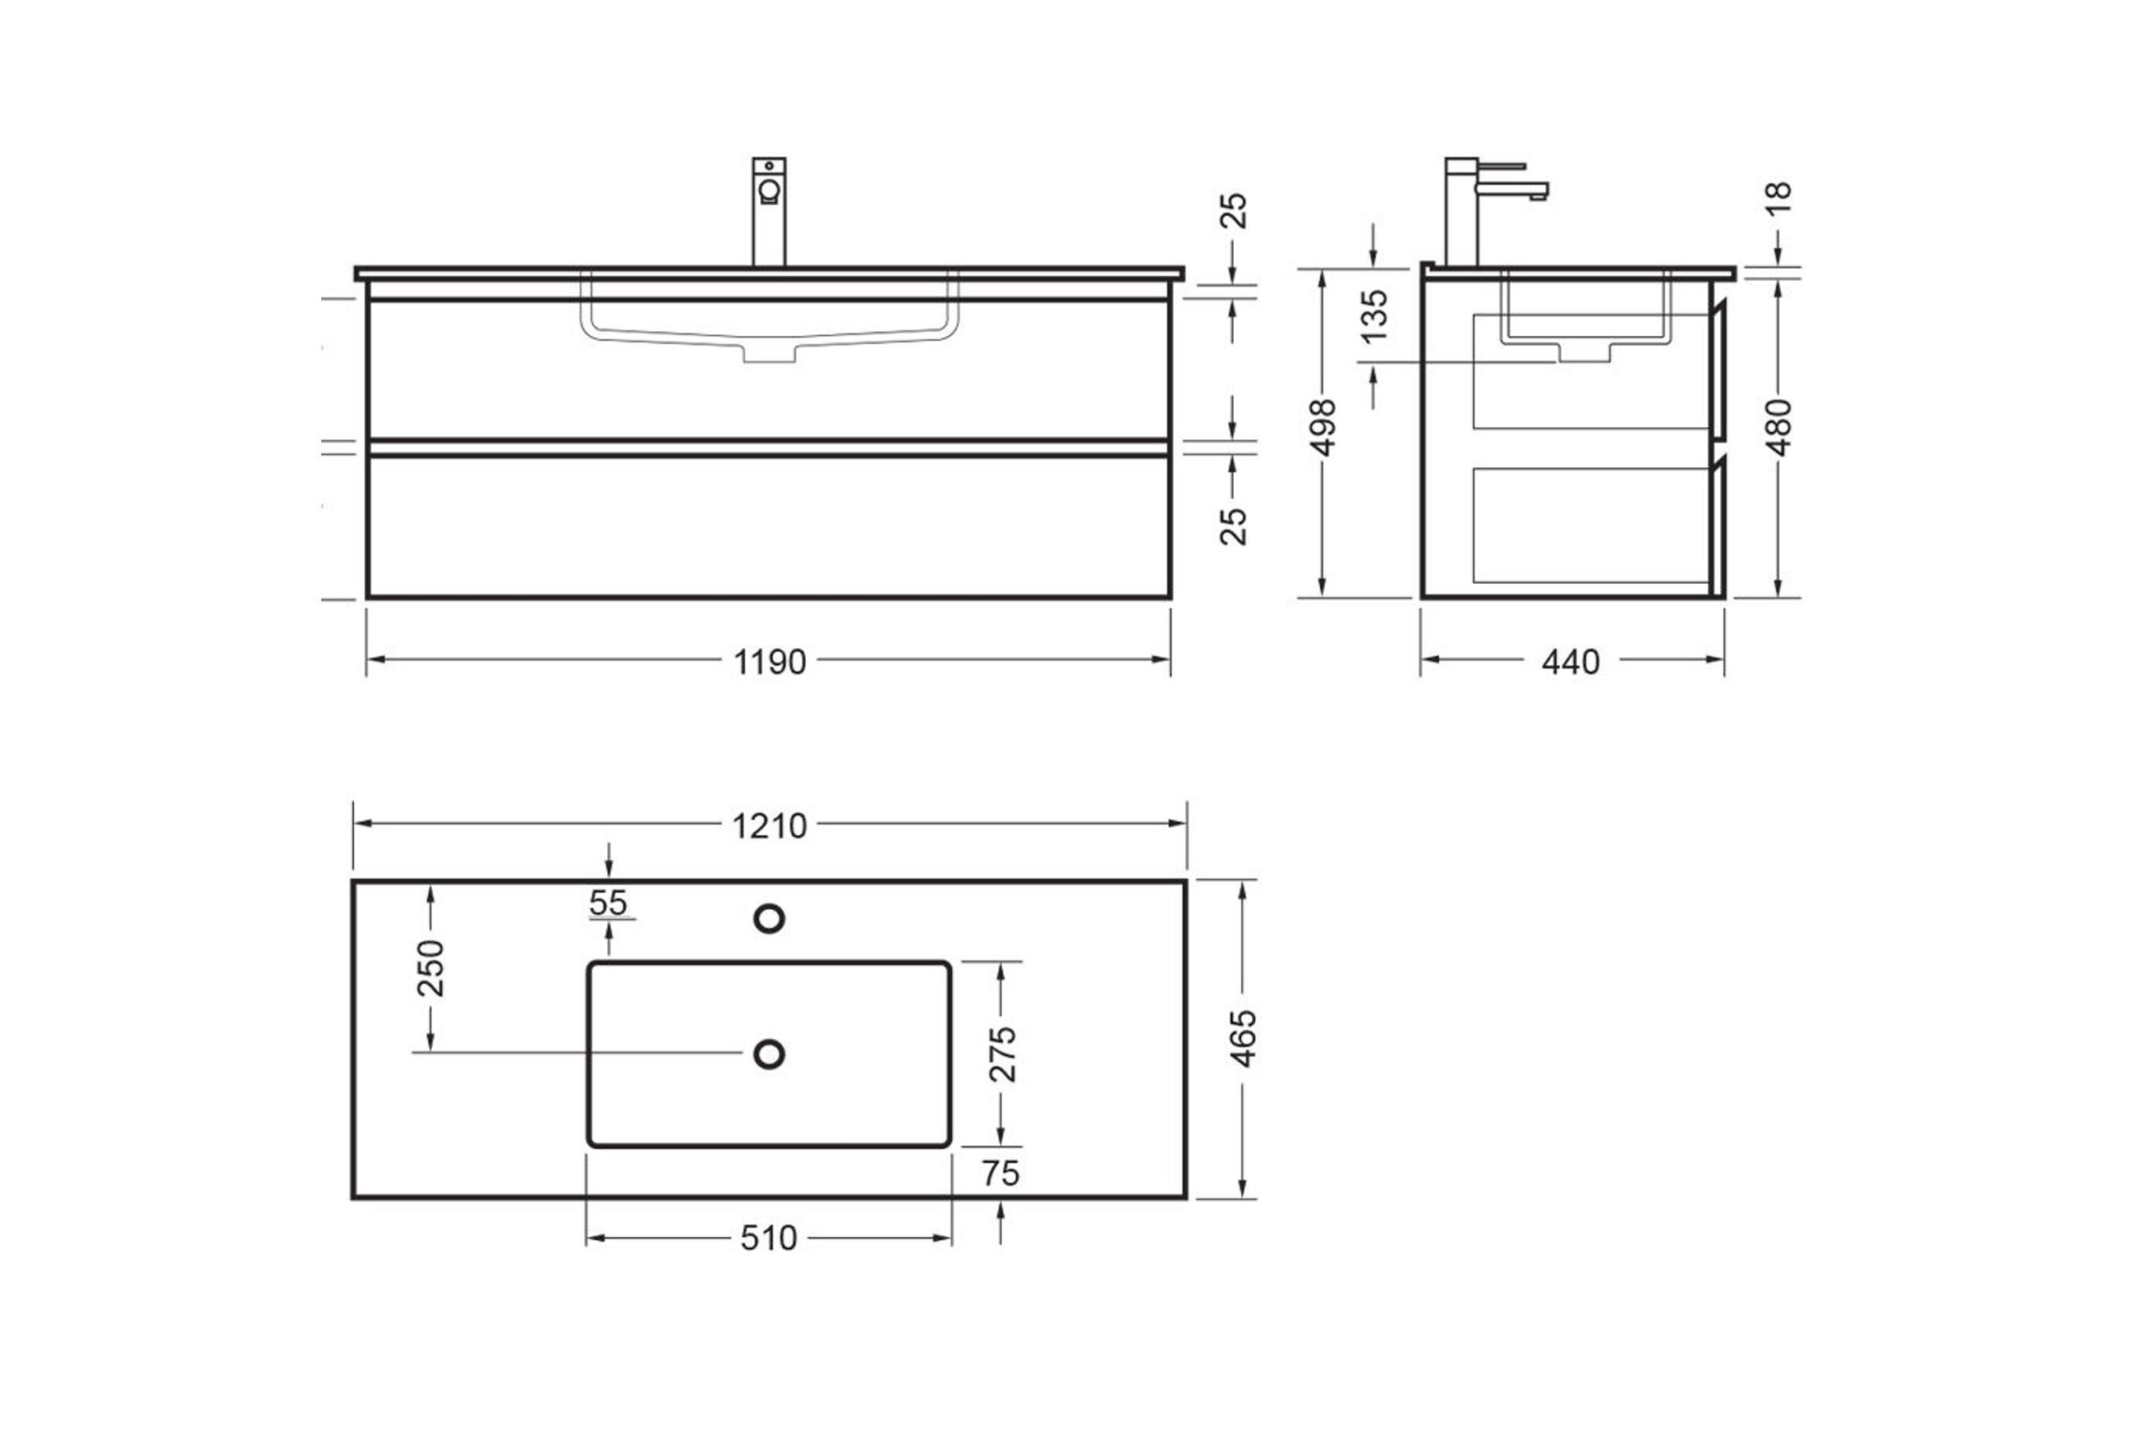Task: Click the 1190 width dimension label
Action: coord(770,662)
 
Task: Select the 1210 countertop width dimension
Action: coord(770,825)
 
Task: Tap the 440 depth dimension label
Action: coord(1571,662)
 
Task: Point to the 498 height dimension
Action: coord(1322,426)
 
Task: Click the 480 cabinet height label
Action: coord(1778,426)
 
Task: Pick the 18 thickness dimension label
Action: coord(1778,197)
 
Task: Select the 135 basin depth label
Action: coord(1373,315)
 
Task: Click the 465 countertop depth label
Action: coord(1244,1038)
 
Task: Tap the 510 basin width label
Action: coord(768,1238)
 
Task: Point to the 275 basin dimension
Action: coord(1003,1054)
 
